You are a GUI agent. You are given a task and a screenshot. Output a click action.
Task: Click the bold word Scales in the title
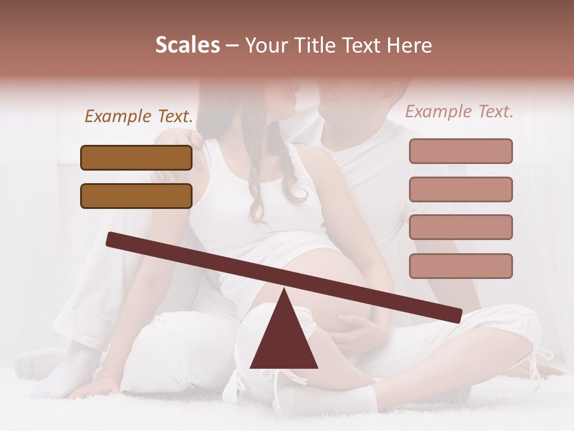187,45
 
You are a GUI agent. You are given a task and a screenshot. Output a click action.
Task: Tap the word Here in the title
407,45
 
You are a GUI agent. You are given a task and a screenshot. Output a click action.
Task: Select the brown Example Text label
139,116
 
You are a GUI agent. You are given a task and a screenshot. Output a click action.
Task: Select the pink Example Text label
459,111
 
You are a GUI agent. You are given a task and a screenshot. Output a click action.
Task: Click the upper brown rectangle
136,157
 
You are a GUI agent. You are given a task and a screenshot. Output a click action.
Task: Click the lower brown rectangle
136,196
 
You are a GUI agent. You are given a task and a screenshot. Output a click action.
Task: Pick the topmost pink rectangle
460,151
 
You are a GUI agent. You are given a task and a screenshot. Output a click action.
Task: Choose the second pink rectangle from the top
460,189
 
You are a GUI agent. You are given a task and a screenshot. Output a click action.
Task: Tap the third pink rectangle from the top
460,227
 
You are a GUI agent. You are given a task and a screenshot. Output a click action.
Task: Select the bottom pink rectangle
460,266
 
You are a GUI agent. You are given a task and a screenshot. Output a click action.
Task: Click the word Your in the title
265,45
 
